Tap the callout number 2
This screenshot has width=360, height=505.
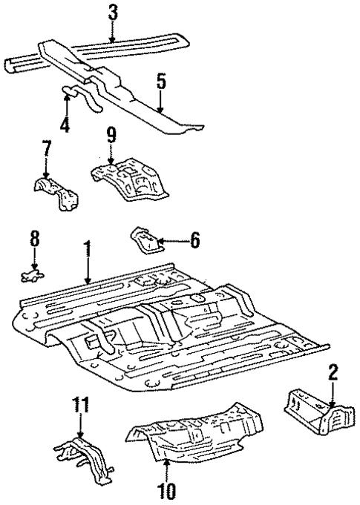click(x=333, y=371)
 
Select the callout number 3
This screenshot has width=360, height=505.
click(x=112, y=11)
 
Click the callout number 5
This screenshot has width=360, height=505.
click(x=160, y=80)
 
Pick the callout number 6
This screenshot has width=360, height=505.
click(x=195, y=240)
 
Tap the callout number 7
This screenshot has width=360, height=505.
click(x=47, y=149)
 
